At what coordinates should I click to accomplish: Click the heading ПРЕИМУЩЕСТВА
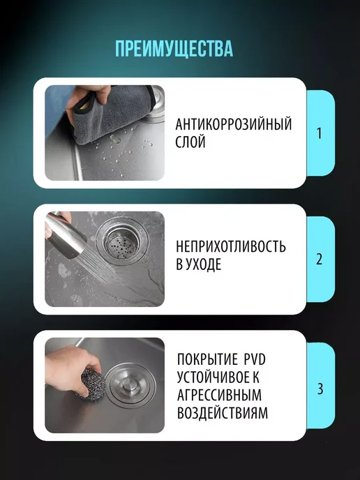pyautogui.click(x=174, y=48)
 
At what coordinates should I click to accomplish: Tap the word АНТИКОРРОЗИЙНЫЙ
pyautogui.click(x=234, y=124)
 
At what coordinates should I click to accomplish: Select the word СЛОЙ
pyautogui.click(x=190, y=142)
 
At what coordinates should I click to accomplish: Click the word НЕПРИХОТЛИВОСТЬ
pyautogui.click(x=231, y=246)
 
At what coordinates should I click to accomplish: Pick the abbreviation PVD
pyautogui.click(x=255, y=359)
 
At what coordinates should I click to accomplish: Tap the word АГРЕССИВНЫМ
pyautogui.click(x=220, y=395)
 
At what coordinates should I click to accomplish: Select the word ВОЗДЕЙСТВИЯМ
pyautogui.click(x=223, y=412)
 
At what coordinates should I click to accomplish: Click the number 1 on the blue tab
pyautogui.click(x=320, y=133)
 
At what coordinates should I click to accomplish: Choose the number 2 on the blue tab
pyautogui.click(x=320, y=259)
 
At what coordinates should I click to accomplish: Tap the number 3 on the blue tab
pyautogui.click(x=320, y=389)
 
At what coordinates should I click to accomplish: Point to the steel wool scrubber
pyautogui.click(x=91, y=383)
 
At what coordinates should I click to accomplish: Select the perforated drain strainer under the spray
pyautogui.click(x=122, y=241)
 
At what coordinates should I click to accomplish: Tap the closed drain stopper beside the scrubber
pyautogui.click(x=130, y=384)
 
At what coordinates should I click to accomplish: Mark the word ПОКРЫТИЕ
pyautogui.click(x=207, y=359)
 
